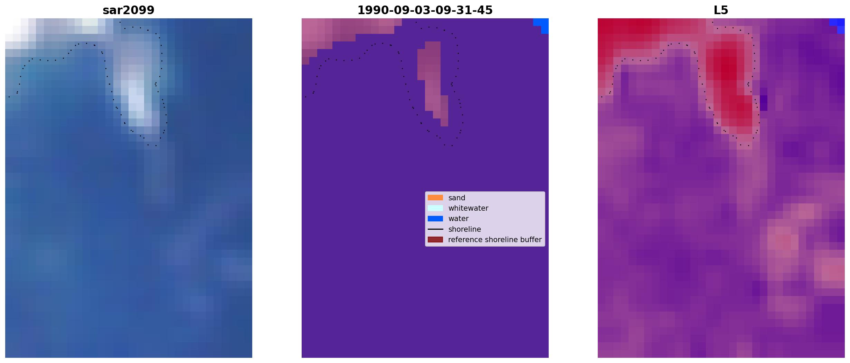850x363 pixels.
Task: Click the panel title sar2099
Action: point(129,10)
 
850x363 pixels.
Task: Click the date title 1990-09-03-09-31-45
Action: point(425,10)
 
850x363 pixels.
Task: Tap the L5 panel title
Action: point(721,10)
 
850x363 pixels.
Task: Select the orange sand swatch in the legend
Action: point(435,198)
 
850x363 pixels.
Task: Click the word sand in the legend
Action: point(456,198)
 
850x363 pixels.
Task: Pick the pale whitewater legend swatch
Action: point(435,208)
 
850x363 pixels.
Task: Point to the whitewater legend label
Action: point(468,208)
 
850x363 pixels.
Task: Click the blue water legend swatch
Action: point(435,219)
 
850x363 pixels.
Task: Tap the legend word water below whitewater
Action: point(458,219)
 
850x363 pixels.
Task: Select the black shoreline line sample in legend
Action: point(435,229)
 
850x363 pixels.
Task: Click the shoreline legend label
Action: point(464,229)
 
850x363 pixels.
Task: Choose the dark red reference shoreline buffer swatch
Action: point(435,240)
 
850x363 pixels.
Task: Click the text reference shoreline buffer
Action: point(495,240)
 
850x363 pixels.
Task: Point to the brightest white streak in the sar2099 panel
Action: point(136,98)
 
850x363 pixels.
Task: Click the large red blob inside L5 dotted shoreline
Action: point(729,86)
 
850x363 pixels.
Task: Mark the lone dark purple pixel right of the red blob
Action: point(764,103)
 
